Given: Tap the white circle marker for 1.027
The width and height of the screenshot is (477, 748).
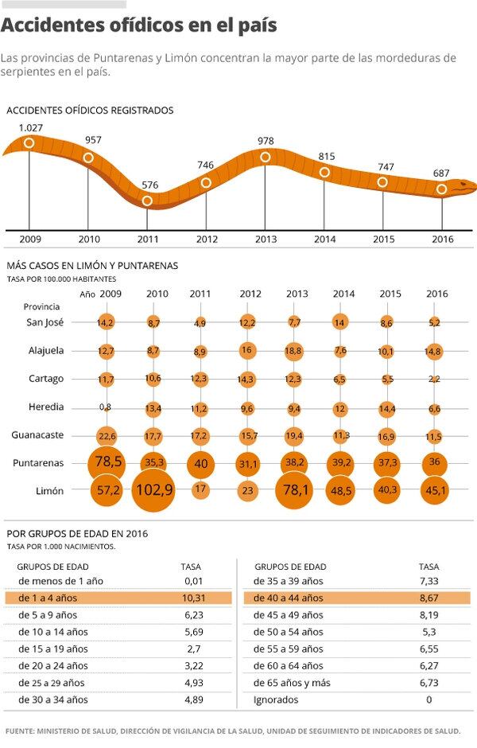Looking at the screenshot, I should (29, 143).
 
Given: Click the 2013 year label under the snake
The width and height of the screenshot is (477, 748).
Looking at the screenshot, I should (266, 239).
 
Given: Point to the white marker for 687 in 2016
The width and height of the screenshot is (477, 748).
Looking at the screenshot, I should (442, 189).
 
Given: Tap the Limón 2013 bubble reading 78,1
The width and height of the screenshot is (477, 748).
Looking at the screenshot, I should (297, 490).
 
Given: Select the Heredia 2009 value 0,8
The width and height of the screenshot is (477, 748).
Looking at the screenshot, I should (106, 407).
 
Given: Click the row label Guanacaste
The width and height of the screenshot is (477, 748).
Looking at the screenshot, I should (37, 435).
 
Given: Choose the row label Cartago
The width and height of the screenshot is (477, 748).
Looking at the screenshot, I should (46, 379).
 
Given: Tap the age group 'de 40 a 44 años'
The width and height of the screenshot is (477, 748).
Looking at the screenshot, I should (289, 598).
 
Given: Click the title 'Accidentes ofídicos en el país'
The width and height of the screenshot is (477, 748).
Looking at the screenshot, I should (139, 25).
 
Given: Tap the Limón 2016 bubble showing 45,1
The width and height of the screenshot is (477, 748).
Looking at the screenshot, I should (436, 490).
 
